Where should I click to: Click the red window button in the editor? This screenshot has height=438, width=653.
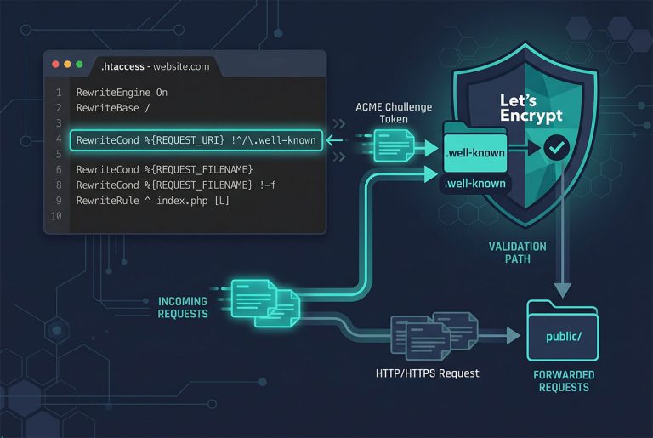pos(55,65)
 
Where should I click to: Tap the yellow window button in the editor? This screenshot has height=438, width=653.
pos(67,65)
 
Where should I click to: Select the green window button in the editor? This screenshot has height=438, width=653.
pos(80,65)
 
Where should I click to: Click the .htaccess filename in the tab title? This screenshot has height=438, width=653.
pos(122,66)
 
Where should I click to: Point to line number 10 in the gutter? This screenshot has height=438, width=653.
pos(56,216)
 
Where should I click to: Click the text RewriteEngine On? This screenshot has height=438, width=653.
pos(122,93)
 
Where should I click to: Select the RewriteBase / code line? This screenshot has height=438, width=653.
pos(113,108)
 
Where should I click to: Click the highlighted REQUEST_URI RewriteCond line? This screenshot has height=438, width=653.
pos(196,140)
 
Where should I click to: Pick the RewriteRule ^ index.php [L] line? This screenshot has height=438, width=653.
pos(152,201)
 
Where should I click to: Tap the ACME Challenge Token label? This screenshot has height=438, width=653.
pos(394,113)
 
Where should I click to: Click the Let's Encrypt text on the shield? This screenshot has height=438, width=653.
pos(531,108)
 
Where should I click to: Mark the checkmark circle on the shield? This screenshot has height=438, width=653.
pos(556,147)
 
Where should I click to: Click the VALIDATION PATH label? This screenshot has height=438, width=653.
pos(518,253)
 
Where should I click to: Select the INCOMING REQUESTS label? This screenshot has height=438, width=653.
pos(183,307)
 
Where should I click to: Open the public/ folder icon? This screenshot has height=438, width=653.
pos(563,331)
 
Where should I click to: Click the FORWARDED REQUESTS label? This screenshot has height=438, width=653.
pos(564,381)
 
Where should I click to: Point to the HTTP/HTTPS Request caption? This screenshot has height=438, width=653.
pos(428,373)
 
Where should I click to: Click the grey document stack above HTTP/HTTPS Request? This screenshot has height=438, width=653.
pos(434,335)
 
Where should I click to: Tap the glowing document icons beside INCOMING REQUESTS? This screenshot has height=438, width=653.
pos(265,303)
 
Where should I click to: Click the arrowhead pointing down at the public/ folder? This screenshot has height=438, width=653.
pos(563,291)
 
